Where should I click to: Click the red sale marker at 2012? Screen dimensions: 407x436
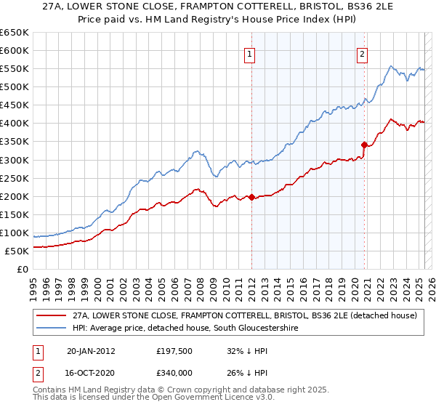(251, 197)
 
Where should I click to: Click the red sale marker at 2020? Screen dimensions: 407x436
(364, 145)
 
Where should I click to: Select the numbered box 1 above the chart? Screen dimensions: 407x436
(249, 52)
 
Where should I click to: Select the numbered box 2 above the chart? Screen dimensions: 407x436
(362, 52)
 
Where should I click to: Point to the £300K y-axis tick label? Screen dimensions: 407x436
(15, 160)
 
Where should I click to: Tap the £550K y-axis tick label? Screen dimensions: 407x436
(15, 68)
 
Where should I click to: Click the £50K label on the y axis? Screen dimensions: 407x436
(17, 251)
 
